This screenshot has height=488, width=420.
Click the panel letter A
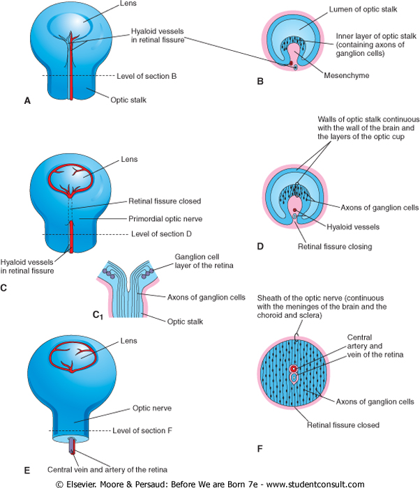pos(27,101)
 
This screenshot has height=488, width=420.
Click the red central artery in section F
pos(294,368)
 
